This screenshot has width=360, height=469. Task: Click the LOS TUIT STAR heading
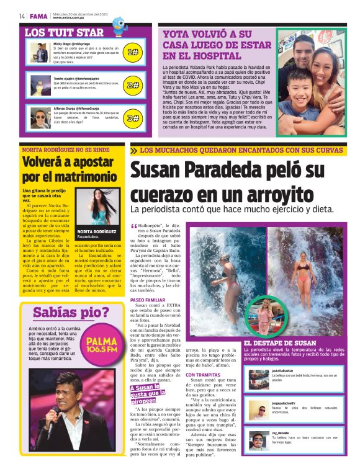(64, 32)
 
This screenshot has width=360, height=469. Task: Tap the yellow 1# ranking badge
(132, 53)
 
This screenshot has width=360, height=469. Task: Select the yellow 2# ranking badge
(132, 85)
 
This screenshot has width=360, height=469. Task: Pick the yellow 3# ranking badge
(132, 117)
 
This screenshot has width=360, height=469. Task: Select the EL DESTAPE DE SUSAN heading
(280, 342)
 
